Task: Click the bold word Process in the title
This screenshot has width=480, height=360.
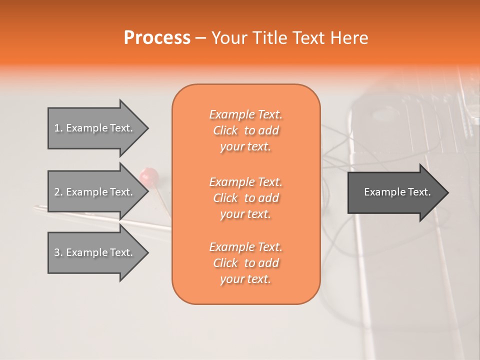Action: (x=157, y=38)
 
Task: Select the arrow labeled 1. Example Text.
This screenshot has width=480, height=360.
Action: (x=95, y=128)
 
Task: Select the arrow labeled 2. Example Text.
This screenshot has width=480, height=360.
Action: (x=95, y=192)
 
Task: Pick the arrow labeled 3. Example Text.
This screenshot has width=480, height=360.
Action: (x=95, y=252)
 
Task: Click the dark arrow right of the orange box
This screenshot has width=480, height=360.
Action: (x=395, y=192)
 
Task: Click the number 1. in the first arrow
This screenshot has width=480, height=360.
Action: (x=58, y=128)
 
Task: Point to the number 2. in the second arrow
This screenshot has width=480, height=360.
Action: (x=58, y=192)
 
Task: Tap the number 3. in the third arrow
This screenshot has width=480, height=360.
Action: (x=58, y=252)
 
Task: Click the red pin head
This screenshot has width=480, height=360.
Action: (x=149, y=175)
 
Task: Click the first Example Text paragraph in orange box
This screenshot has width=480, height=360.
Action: (x=245, y=130)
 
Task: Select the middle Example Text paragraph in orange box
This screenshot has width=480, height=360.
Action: (x=245, y=197)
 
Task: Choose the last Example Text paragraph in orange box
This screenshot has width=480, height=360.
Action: (x=245, y=263)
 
